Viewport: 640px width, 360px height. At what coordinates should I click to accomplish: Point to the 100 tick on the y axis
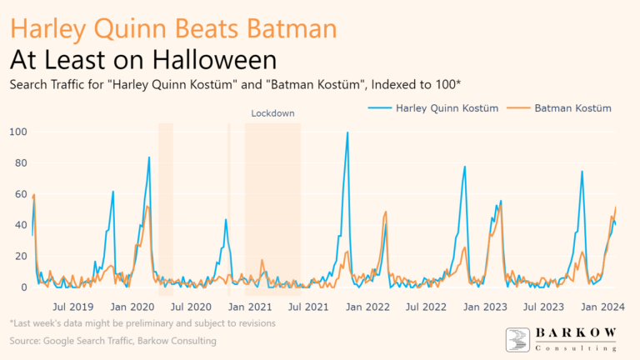(x=18, y=132)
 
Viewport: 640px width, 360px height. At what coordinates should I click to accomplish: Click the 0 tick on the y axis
(x=23, y=287)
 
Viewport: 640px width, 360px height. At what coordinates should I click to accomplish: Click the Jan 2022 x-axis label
(x=366, y=306)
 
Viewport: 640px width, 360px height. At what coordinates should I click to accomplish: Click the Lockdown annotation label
(x=273, y=112)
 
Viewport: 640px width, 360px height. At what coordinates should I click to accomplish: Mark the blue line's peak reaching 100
(x=347, y=132)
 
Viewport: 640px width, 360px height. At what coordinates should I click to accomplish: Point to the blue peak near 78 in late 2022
(x=464, y=167)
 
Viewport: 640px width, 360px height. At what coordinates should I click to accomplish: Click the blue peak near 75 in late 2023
(x=582, y=172)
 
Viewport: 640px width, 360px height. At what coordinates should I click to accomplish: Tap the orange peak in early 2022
(x=386, y=212)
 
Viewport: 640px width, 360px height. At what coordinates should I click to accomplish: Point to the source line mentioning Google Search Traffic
(x=112, y=341)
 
